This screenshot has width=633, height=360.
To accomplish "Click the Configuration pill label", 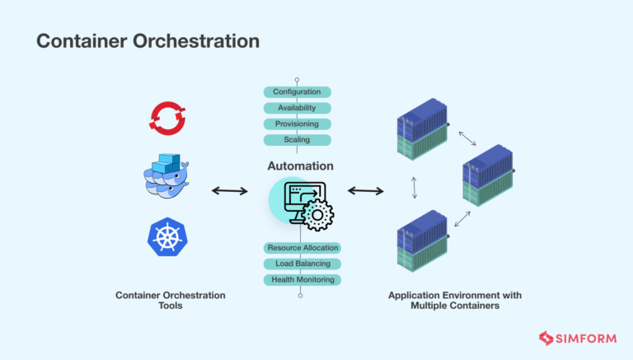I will point(297,91).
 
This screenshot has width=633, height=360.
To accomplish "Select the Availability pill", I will point(297,108).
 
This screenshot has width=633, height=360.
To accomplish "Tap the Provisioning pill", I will point(297,124).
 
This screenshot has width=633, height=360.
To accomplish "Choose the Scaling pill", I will point(297,140).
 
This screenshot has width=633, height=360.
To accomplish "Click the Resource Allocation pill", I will point(302,247).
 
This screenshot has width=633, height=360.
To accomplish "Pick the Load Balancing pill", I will point(302,264).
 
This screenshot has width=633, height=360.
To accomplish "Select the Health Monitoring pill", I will point(302,279).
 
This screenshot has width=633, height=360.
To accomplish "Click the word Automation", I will point(300,166).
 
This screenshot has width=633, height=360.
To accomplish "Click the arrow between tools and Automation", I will point(229,191).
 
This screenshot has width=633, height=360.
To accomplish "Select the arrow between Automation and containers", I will point(365,191).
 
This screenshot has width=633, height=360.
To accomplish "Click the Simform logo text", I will point(583,338).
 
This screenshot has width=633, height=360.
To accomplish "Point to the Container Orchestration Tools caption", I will point(170,301).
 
